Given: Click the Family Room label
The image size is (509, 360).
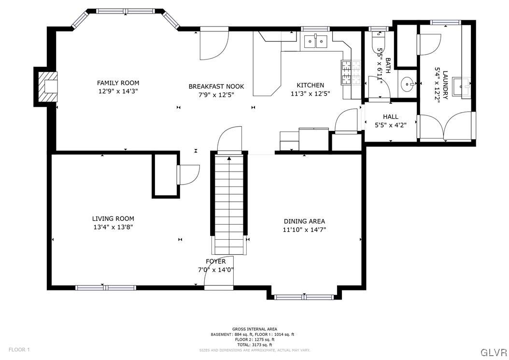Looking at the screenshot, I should [118, 83].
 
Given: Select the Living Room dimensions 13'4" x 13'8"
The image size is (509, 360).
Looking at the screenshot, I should [113, 227].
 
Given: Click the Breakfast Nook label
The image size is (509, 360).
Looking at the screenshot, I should [216, 86].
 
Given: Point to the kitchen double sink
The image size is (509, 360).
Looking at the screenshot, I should [316, 42].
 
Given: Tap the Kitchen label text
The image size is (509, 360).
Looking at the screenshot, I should [310, 86].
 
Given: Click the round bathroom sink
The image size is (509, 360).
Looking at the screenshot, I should [408, 85].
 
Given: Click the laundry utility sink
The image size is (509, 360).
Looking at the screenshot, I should [466, 88].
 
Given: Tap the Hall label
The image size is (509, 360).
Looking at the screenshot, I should [390, 117].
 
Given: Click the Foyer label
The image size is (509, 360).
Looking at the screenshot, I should [215, 261].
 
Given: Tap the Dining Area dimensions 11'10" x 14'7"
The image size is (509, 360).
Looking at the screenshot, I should [304, 230].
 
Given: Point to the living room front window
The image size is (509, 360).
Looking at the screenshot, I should [106, 288].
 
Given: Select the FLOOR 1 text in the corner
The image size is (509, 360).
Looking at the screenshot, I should [19, 349].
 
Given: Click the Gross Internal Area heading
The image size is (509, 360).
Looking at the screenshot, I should [254, 329].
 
